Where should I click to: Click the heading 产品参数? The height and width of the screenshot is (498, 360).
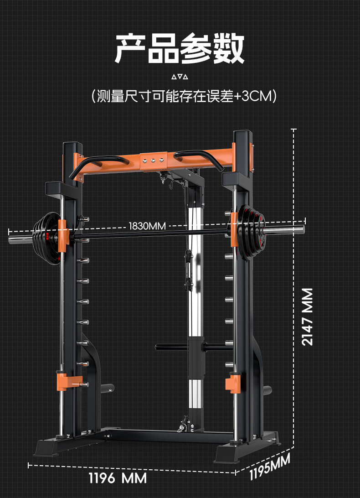tap(180, 48)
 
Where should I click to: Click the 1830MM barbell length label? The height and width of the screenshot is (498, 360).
tap(147, 226)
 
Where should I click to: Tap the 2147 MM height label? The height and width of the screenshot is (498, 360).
tap(308, 316)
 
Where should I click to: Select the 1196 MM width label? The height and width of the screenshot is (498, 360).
tap(118, 478)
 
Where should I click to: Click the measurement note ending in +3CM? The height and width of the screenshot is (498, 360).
tap(184, 96)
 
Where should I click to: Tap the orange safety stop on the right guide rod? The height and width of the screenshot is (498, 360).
tap(234, 382)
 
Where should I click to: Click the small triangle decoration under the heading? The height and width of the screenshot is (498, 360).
tap(180, 76)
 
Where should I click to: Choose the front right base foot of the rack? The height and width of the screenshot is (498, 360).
tap(232, 453)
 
